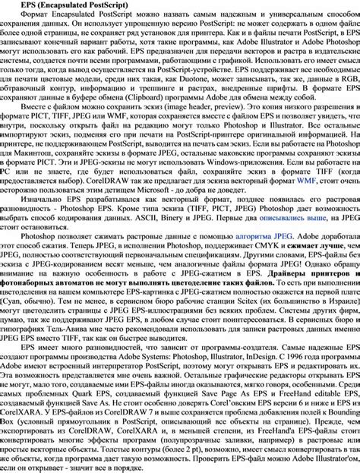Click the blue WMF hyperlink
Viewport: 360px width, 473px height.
(x=306, y=181)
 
